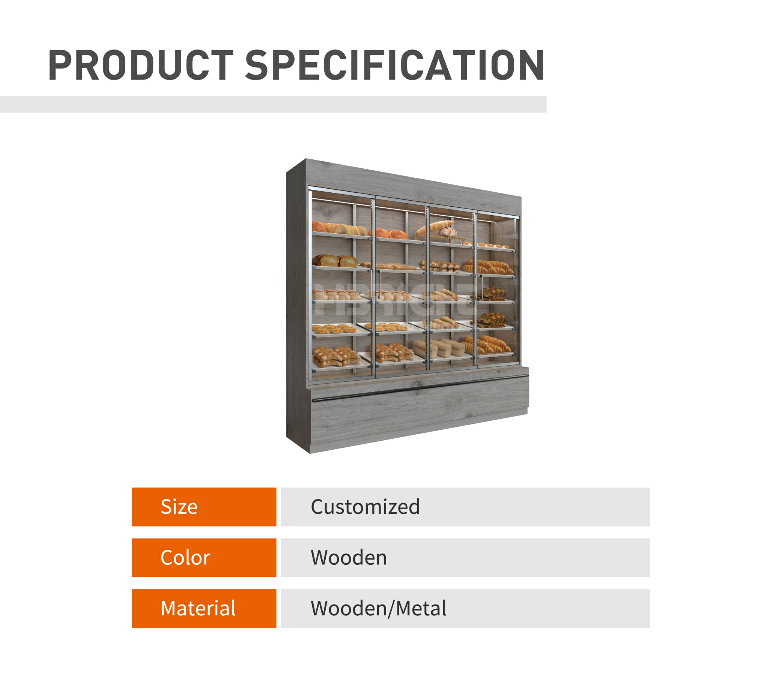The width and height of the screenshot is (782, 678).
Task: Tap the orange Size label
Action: (204, 507)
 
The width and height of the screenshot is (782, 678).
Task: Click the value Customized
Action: (365, 507)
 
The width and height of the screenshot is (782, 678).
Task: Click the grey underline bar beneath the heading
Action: (272, 104)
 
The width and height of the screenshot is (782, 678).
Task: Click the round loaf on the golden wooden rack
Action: (447, 231)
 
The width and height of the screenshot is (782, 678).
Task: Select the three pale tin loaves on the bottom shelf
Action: (439, 348)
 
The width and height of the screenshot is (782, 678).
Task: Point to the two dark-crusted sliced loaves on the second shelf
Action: (335, 260)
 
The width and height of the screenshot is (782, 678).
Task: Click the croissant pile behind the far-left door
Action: (335, 356)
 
